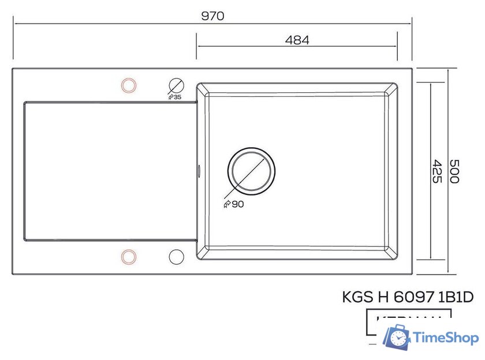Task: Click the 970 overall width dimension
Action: pos(212,16)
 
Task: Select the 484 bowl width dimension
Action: pos(297,40)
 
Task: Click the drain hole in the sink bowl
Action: pos(251,171)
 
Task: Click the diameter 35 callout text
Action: pos(174,97)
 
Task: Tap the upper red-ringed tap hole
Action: pos(128,85)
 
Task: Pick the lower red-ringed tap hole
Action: pos(128,256)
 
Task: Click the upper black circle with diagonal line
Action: pos(176,85)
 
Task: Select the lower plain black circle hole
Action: pos(176,256)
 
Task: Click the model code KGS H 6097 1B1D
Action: pos(408,297)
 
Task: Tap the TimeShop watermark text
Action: pos(445,338)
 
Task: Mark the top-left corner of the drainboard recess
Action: pos(24,103)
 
